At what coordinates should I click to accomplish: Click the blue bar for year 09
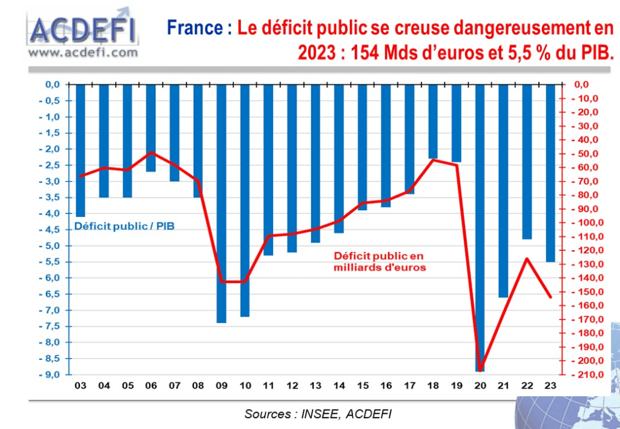click(222, 203)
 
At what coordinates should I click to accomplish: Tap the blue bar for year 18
click(433, 121)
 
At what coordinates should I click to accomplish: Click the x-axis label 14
click(339, 386)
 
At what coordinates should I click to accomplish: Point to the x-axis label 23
click(550, 386)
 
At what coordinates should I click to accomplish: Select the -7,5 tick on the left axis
click(50, 327)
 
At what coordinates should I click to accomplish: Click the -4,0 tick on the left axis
click(50, 213)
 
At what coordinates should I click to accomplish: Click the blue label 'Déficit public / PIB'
click(128, 227)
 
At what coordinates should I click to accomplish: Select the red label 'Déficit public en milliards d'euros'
click(379, 261)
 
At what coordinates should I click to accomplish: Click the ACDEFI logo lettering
click(84, 30)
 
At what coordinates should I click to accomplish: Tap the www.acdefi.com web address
click(83, 53)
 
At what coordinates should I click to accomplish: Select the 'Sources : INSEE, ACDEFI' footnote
click(318, 414)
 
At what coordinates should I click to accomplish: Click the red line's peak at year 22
click(527, 259)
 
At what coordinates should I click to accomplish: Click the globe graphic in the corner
click(572, 412)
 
